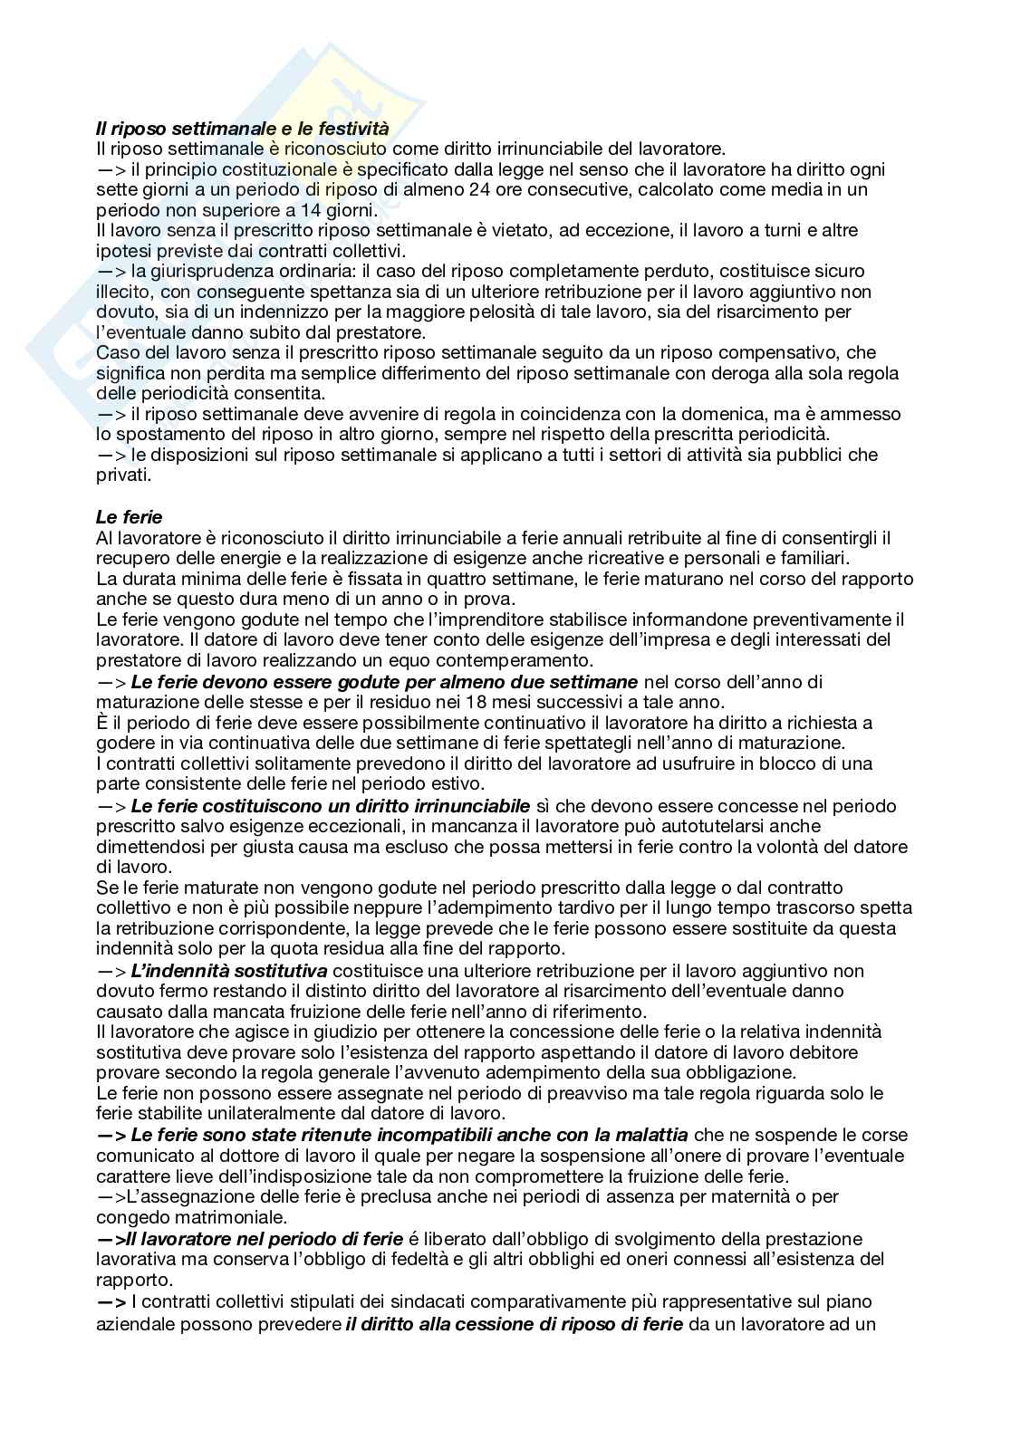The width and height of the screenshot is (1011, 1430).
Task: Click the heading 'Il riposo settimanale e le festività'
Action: point(242,129)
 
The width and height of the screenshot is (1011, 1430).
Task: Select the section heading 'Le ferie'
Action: point(129,517)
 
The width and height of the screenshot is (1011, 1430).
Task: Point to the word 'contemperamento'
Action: point(525,660)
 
